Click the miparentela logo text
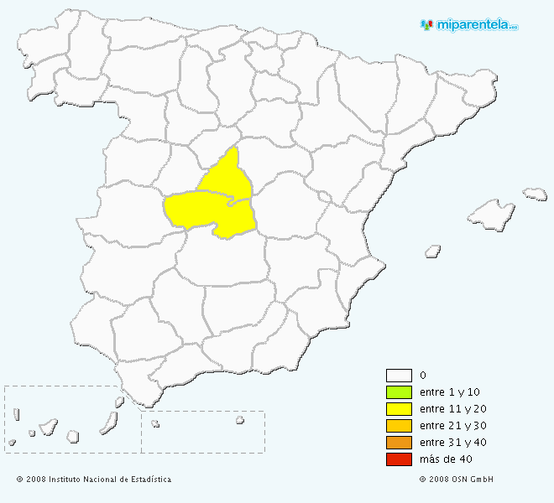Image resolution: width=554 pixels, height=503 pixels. (x=477, y=24)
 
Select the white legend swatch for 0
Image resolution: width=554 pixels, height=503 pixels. (x=399, y=376)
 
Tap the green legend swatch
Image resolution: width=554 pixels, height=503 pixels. (x=399, y=392)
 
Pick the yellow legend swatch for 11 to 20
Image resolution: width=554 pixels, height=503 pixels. (x=399, y=409)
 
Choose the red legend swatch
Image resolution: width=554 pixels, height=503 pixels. (x=399, y=459)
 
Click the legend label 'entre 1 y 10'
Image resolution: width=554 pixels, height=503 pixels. (x=450, y=392)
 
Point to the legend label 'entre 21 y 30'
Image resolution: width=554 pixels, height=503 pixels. (x=452, y=426)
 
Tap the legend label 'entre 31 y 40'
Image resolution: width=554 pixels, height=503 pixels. (x=452, y=443)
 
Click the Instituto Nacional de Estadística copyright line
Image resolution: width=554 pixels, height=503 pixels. (x=94, y=480)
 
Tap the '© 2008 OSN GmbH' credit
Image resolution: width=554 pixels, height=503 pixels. (x=457, y=480)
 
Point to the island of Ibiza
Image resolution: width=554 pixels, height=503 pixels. (x=433, y=250)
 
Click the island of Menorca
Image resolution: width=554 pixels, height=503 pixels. (x=536, y=194)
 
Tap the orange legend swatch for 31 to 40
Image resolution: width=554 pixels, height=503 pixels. (x=399, y=443)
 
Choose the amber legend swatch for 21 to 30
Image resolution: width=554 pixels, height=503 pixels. (x=399, y=426)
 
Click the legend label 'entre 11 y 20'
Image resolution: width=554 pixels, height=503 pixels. (x=452, y=409)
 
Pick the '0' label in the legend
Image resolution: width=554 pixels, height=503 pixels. (x=422, y=376)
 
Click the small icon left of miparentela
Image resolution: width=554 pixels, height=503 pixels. (x=426, y=24)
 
